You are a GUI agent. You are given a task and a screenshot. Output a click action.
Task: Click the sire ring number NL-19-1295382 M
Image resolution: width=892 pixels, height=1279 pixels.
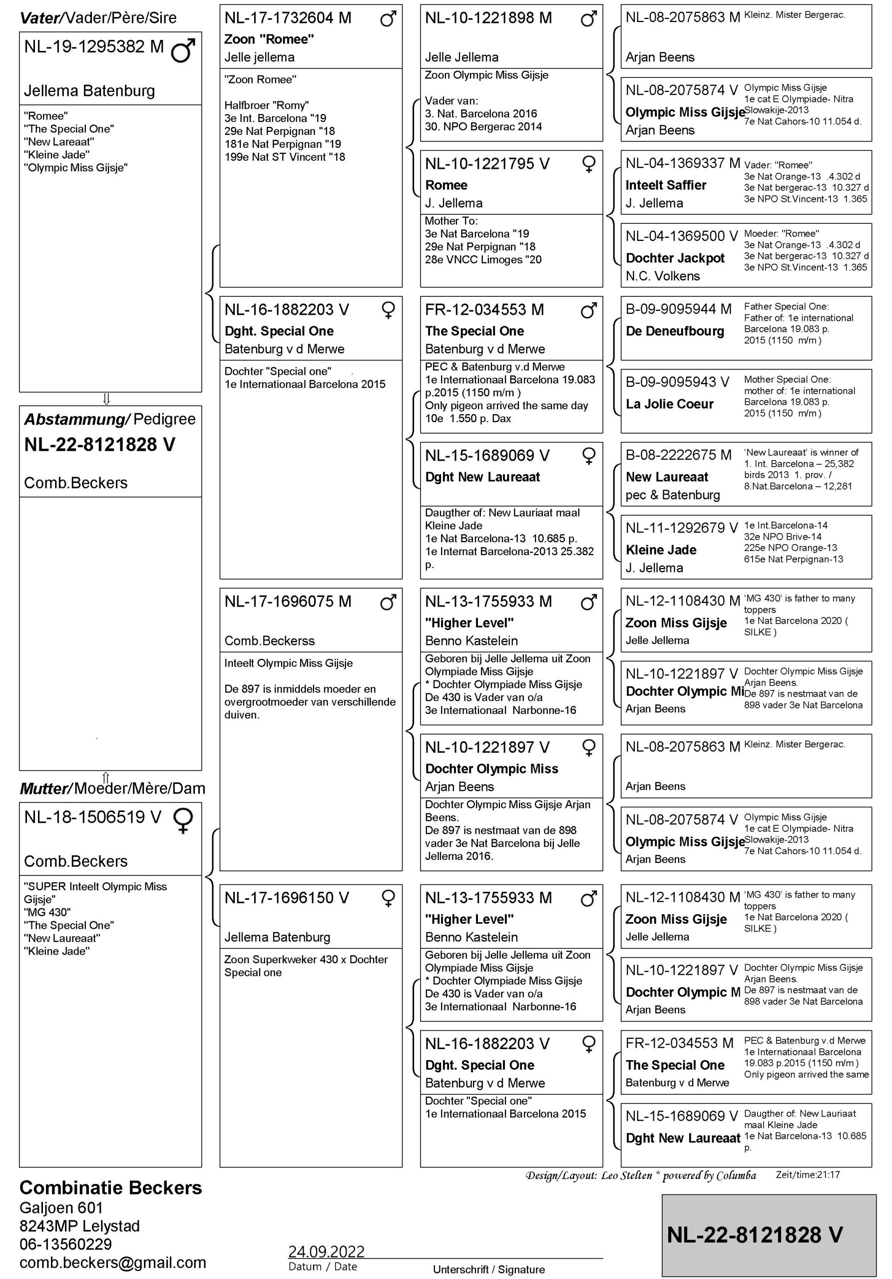(93, 47)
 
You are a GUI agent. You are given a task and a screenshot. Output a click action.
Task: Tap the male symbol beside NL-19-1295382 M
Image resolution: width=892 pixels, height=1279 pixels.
(183, 49)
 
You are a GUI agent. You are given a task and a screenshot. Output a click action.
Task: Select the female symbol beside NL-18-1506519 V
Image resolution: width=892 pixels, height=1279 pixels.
(183, 820)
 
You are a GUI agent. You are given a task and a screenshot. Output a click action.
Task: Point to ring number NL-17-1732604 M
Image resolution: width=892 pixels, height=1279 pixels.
(288, 18)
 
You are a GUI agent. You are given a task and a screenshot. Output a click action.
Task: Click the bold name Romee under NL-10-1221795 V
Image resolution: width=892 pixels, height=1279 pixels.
(446, 185)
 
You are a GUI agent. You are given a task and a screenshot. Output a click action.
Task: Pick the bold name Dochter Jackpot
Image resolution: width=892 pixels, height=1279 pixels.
(675, 258)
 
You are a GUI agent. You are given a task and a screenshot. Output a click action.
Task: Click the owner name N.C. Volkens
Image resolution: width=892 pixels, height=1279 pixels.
(663, 276)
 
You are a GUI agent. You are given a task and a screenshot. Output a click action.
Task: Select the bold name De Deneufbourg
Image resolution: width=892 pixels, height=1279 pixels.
(675, 331)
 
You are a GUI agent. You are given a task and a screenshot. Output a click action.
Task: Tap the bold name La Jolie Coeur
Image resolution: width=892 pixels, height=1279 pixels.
(669, 404)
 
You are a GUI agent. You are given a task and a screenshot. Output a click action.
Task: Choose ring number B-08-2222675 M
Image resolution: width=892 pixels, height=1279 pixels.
(678, 455)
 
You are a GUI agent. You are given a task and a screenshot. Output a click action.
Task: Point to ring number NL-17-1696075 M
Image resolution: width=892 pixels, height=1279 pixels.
(288, 602)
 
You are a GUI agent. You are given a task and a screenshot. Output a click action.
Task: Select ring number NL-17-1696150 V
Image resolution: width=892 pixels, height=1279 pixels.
(287, 898)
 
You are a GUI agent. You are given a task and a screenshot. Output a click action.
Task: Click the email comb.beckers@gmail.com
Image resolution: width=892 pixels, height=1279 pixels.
(112, 1263)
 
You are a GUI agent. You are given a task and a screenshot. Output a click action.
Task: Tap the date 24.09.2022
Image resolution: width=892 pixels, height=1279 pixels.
(326, 1252)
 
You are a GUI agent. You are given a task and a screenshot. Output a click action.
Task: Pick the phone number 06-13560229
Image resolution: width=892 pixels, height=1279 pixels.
(66, 1244)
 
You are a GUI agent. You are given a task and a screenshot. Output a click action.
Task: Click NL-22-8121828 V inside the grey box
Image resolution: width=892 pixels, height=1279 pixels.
(755, 1235)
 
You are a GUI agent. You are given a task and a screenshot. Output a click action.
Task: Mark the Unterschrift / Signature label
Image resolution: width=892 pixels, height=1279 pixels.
(489, 1270)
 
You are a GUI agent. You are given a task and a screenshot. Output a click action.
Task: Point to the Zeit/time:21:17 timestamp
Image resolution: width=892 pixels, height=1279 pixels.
(808, 1175)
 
